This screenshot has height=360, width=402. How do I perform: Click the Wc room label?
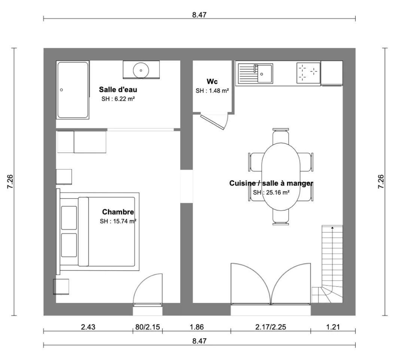212,82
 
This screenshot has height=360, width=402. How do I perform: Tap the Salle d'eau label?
118,89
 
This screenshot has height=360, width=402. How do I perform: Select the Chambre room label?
118,212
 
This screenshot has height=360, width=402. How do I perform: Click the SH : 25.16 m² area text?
271,192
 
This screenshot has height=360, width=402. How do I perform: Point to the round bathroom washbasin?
141,70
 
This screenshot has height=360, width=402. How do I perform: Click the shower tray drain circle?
61,90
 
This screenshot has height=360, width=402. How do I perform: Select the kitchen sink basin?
265,74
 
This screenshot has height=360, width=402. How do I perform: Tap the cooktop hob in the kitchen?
308,73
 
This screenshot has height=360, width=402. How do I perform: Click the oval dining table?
281,177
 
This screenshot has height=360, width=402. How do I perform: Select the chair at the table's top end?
281,136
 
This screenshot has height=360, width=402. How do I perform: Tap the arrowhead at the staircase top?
332,228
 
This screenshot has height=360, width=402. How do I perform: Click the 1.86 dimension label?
197,327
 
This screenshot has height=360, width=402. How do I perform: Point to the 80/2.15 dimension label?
147,327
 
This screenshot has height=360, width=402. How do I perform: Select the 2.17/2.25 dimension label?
271,327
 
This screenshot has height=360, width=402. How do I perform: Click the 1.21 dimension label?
333,327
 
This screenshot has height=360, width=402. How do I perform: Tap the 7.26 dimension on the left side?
10,181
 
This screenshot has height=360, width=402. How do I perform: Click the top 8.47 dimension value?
199,15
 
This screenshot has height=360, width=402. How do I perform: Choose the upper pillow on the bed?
69,218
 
